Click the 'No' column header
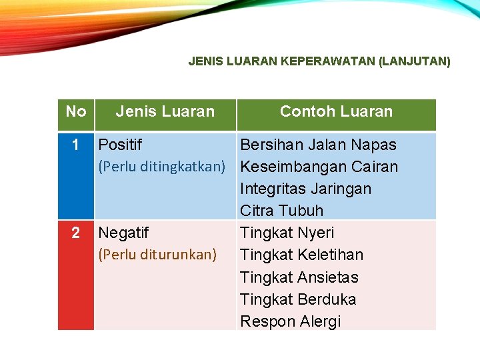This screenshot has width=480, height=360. coord(76,111)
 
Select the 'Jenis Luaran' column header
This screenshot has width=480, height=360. coord(165,111)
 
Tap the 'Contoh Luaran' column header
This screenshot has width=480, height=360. coord(336,111)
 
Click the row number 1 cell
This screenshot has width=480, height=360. coord(75,145)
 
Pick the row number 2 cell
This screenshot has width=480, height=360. coord(75,233)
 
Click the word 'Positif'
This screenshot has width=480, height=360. coord(120,145)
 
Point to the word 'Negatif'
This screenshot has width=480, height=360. coord(123,233)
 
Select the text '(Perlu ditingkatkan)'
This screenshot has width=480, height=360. coord(162,166)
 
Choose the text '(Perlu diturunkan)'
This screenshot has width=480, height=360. coord(157,255)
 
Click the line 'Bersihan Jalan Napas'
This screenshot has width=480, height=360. coord(318,145)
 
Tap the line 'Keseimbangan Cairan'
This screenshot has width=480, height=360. coord(319,167)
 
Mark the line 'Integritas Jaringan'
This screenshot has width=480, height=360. coord(305,189)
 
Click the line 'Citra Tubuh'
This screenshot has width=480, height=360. coord(281,211)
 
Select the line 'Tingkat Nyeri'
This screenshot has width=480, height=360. coord(287,233)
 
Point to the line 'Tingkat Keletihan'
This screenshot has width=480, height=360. coord(301,255)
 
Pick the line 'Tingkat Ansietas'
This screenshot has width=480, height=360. coord(299,277)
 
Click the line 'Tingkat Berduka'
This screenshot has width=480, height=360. coord(298,299)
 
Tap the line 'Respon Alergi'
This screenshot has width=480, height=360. coord(290,321)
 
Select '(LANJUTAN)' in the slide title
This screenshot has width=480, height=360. coord(414,61)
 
